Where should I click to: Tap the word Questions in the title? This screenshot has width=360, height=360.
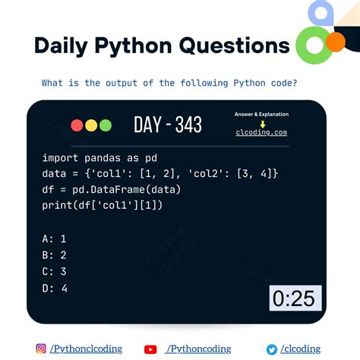tap(233, 46)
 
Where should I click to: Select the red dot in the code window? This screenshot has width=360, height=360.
tap(77, 125)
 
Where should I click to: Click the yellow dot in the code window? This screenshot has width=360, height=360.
tap(91, 125)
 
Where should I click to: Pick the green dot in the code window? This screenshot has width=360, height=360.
tap(105, 125)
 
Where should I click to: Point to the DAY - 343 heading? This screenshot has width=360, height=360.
tap(168, 125)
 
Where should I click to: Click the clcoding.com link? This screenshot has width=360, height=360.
tap(261, 132)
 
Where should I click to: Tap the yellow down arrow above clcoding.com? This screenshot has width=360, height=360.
tap(261, 123)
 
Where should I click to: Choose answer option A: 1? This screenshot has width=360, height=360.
tap(55, 238)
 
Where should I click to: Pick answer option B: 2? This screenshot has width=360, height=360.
tap(55, 255)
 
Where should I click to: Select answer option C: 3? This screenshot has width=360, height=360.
tap(55, 271)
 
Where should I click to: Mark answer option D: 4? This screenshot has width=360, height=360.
tap(55, 288)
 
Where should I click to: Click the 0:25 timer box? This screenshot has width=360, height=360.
tap(294, 298)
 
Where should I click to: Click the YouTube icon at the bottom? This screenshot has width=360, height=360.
tap(150, 349)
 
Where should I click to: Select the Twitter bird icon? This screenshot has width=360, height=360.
tap(272, 349)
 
